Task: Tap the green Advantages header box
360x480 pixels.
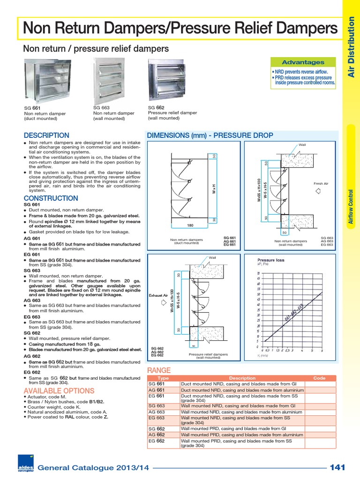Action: (x=303, y=62)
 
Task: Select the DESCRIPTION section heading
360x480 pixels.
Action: (x=46, y=135)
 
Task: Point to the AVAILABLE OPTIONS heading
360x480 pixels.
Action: (x=59, y=391)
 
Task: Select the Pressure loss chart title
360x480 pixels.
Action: (x=271, y=260)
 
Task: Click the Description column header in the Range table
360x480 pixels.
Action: (x=242, y=378)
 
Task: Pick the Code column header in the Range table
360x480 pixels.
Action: (x=319, y=378)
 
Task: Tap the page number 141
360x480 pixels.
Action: (x=337, y=467)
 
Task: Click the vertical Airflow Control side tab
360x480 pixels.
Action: (x=351, y=206)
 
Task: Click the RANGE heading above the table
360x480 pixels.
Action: (x=159, y=370)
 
